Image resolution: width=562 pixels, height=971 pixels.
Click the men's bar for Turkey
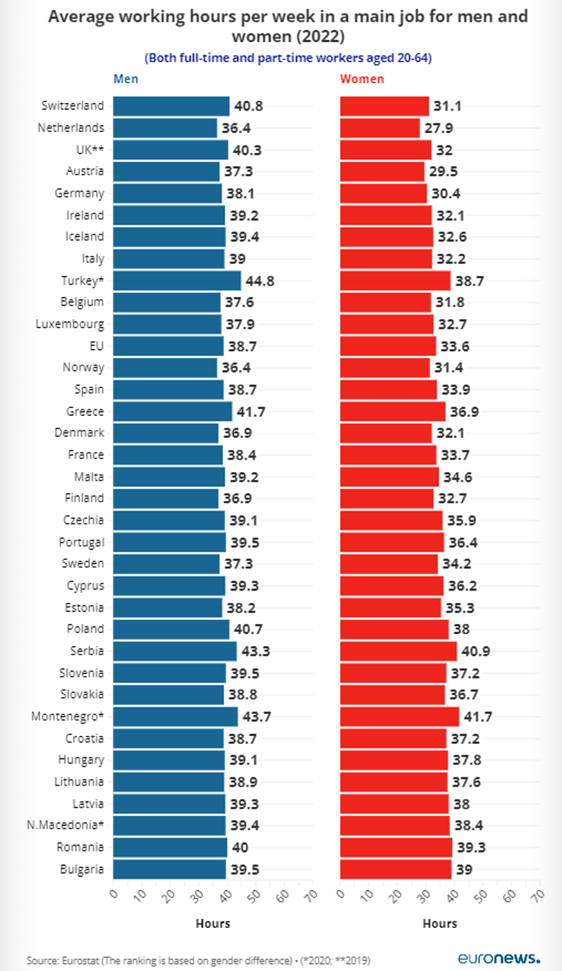click(177, 281)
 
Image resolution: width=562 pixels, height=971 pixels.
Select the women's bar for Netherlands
click(380, 128)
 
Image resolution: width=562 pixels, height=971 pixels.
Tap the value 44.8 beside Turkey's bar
click(260, 281)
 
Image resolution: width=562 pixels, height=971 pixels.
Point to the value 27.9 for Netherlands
click(438, 128)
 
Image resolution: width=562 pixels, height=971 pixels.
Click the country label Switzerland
click(73, 106)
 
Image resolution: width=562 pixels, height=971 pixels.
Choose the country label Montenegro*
click(67, 717)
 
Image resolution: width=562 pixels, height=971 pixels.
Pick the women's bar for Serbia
click(399, 651)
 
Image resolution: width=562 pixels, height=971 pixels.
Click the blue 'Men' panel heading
click(126, 79)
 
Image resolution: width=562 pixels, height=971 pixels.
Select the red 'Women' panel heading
click(362, 79)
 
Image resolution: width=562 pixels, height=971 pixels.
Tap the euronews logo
click(499, 958)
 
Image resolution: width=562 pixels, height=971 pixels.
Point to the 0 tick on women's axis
click(341, 894)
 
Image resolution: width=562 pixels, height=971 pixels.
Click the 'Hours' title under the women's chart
click(439, 923)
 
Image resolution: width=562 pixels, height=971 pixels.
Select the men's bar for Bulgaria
click(169, 869)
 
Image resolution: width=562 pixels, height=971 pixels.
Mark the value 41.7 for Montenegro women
click(478, 717)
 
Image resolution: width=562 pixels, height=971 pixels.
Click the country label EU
click(97, 346)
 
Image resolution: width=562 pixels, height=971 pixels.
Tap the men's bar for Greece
click(172, 412)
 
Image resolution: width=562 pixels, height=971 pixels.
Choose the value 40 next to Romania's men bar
click(240, 848)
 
